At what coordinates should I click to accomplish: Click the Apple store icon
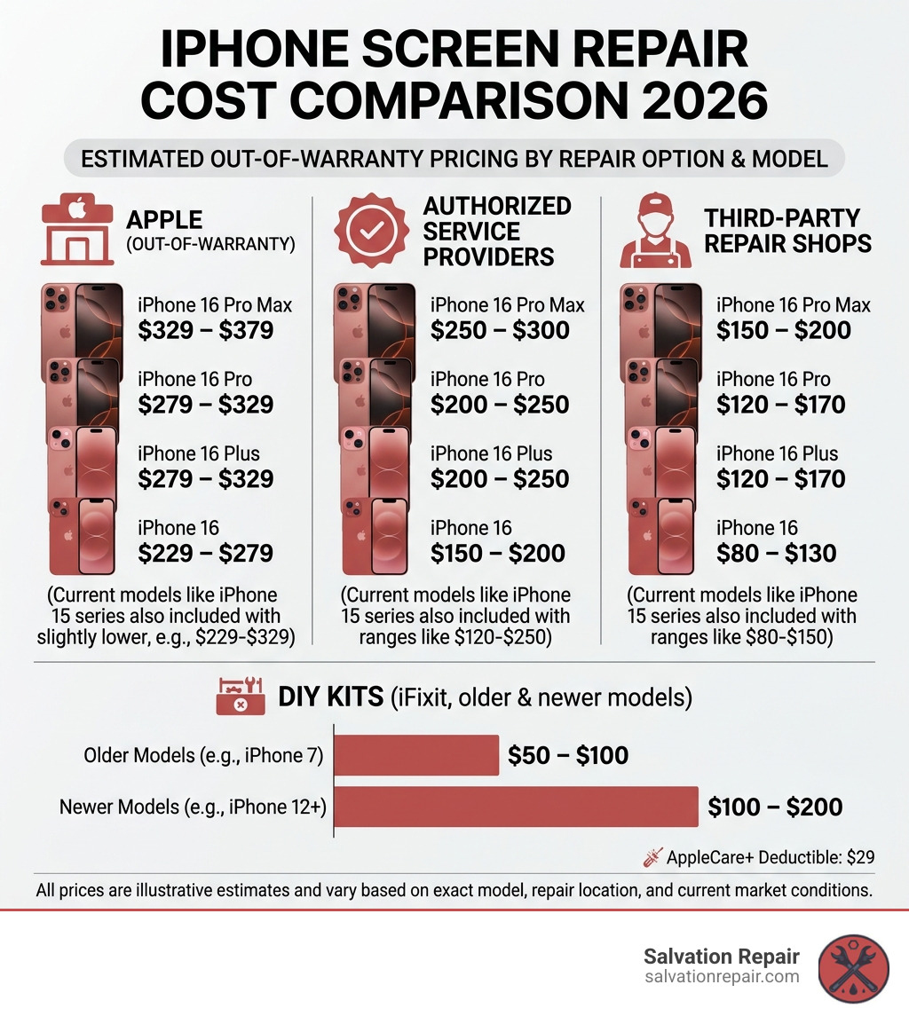76,232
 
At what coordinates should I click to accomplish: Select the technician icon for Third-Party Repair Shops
654,232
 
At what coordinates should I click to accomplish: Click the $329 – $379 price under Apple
206,331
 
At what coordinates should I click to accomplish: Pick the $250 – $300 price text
500,331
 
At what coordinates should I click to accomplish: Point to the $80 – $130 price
777,553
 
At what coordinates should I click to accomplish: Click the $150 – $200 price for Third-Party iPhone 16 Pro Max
784,331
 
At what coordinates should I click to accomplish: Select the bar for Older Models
416,755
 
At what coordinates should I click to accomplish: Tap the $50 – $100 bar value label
568,755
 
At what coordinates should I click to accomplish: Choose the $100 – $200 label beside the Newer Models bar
775,807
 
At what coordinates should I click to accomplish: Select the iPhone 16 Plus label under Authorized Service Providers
492,453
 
